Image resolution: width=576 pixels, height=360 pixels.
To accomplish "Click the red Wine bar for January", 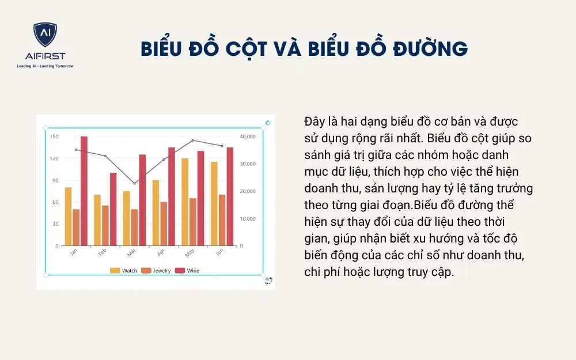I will (x=84, y=191).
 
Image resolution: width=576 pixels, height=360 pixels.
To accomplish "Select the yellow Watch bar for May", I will (x=185, y=202).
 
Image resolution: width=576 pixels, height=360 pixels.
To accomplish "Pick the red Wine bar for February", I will (x=113, y=209).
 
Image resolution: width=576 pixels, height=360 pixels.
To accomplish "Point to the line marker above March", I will (x=135, y=183).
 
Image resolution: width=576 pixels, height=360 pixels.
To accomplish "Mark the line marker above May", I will (x=193, y=140).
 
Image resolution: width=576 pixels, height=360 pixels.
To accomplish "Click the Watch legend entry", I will (x=124, y=270).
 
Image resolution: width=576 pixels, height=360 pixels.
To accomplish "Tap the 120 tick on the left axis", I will (x=54, y=158).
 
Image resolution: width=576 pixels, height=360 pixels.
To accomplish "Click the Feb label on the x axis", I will (x=102, y=252).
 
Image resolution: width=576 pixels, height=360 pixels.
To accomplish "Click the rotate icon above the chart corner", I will (x=268, y=123).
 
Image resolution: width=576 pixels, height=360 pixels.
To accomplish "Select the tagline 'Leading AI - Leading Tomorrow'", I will (x=45, y=66).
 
